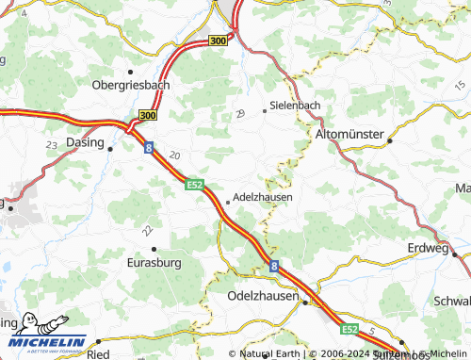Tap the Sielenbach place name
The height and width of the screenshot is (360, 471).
pyautogui.click(x=296, y=105)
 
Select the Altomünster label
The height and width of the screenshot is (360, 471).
pyautogui.click(x=349, y=136)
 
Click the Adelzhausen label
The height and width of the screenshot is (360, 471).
pyautogui.click(x=262, y=198)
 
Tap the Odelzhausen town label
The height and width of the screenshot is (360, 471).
pyautogui.click(x=263, y=296)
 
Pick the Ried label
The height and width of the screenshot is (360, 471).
pyautogui.click(x=97, y=354)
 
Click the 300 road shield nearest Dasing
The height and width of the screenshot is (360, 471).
pyautogui.click(x=147, y=115)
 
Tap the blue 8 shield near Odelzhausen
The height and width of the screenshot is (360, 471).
pyautogui.click(x=274, y=268)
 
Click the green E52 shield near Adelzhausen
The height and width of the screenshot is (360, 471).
pyautogui.click(x=195, y=186)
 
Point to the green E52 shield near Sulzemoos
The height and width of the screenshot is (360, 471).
pyautogui.click(x=349, y=329)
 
